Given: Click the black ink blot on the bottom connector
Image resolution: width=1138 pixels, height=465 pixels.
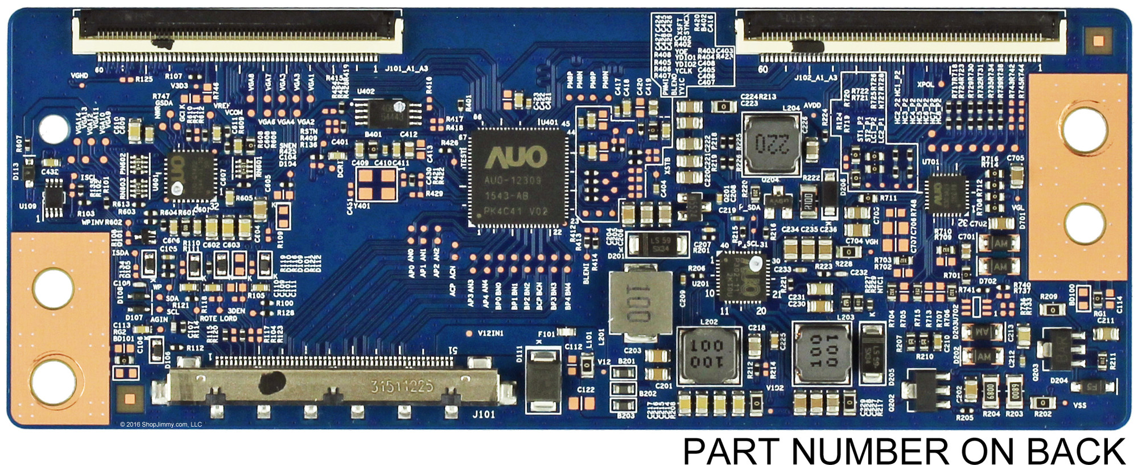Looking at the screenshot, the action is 273,382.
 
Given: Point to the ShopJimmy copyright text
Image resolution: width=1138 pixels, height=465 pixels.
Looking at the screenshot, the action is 160,424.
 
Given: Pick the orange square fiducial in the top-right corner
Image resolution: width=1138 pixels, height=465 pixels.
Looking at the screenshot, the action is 1098,41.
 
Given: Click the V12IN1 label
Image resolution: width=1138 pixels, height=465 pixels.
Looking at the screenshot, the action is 490,334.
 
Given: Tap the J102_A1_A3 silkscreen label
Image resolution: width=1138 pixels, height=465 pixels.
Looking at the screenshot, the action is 816,77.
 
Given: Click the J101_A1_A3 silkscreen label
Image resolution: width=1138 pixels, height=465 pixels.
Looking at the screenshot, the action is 406,68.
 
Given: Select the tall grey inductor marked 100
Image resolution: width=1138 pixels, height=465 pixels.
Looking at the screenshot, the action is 639,303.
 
